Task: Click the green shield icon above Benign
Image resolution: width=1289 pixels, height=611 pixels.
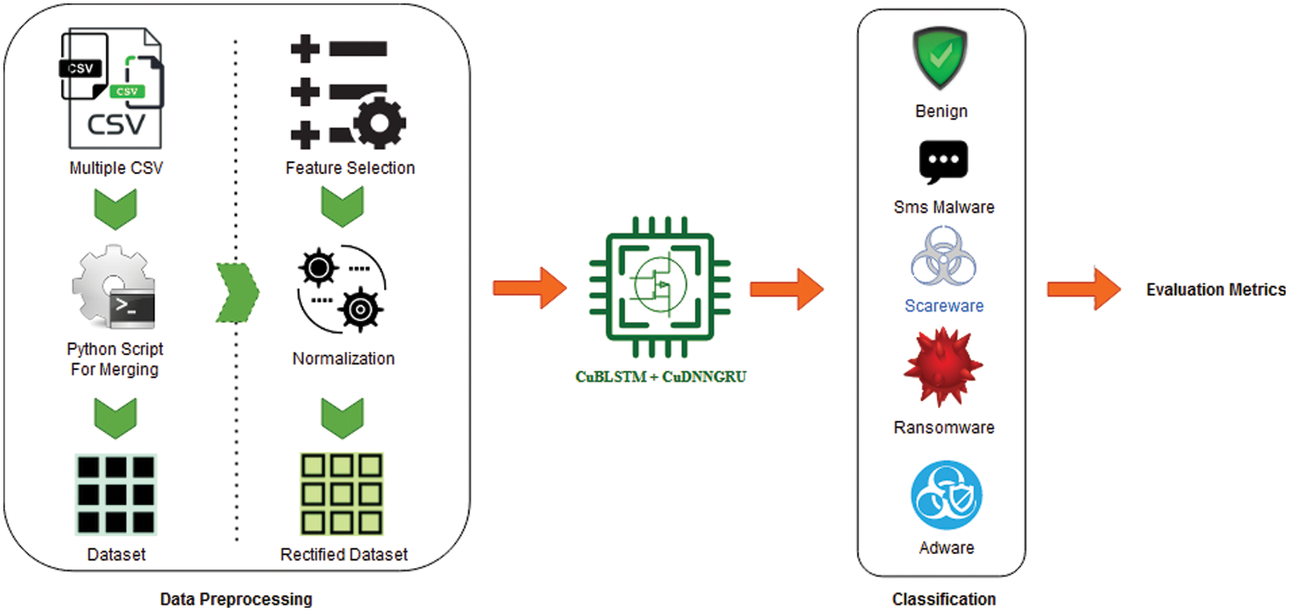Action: tap(940, 58)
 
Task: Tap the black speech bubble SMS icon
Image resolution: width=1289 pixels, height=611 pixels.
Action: tap(943, 161)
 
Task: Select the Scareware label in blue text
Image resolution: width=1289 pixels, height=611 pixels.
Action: tap(943, 306)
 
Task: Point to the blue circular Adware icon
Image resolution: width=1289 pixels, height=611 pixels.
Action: tap(946, 495)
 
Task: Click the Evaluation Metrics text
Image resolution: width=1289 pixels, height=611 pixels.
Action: tap(1215, 290)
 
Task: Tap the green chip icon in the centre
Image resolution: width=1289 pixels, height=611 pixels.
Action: tap(660, 286)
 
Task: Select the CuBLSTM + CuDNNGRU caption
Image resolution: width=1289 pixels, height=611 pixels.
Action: tap(660, 377)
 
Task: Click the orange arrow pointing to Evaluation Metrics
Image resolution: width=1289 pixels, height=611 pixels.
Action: tap(1083, 289)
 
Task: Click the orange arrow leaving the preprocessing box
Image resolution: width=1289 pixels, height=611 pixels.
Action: tap(529, 288)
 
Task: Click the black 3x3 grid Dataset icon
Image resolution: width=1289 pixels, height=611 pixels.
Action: tap(116, 495)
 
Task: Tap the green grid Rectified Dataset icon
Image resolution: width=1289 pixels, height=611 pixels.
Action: tap(342, 494)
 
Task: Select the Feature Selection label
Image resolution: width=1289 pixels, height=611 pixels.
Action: tap(350, 168)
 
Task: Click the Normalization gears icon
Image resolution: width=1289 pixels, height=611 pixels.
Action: tap(342, 290)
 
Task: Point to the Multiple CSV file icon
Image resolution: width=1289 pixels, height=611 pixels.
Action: tap(112, 89)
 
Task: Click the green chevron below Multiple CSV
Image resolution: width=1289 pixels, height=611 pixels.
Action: tap(115, 208)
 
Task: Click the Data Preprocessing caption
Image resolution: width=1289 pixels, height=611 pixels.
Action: tap(236, 599)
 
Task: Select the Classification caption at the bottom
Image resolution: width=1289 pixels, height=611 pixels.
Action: tap(943, 599)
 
